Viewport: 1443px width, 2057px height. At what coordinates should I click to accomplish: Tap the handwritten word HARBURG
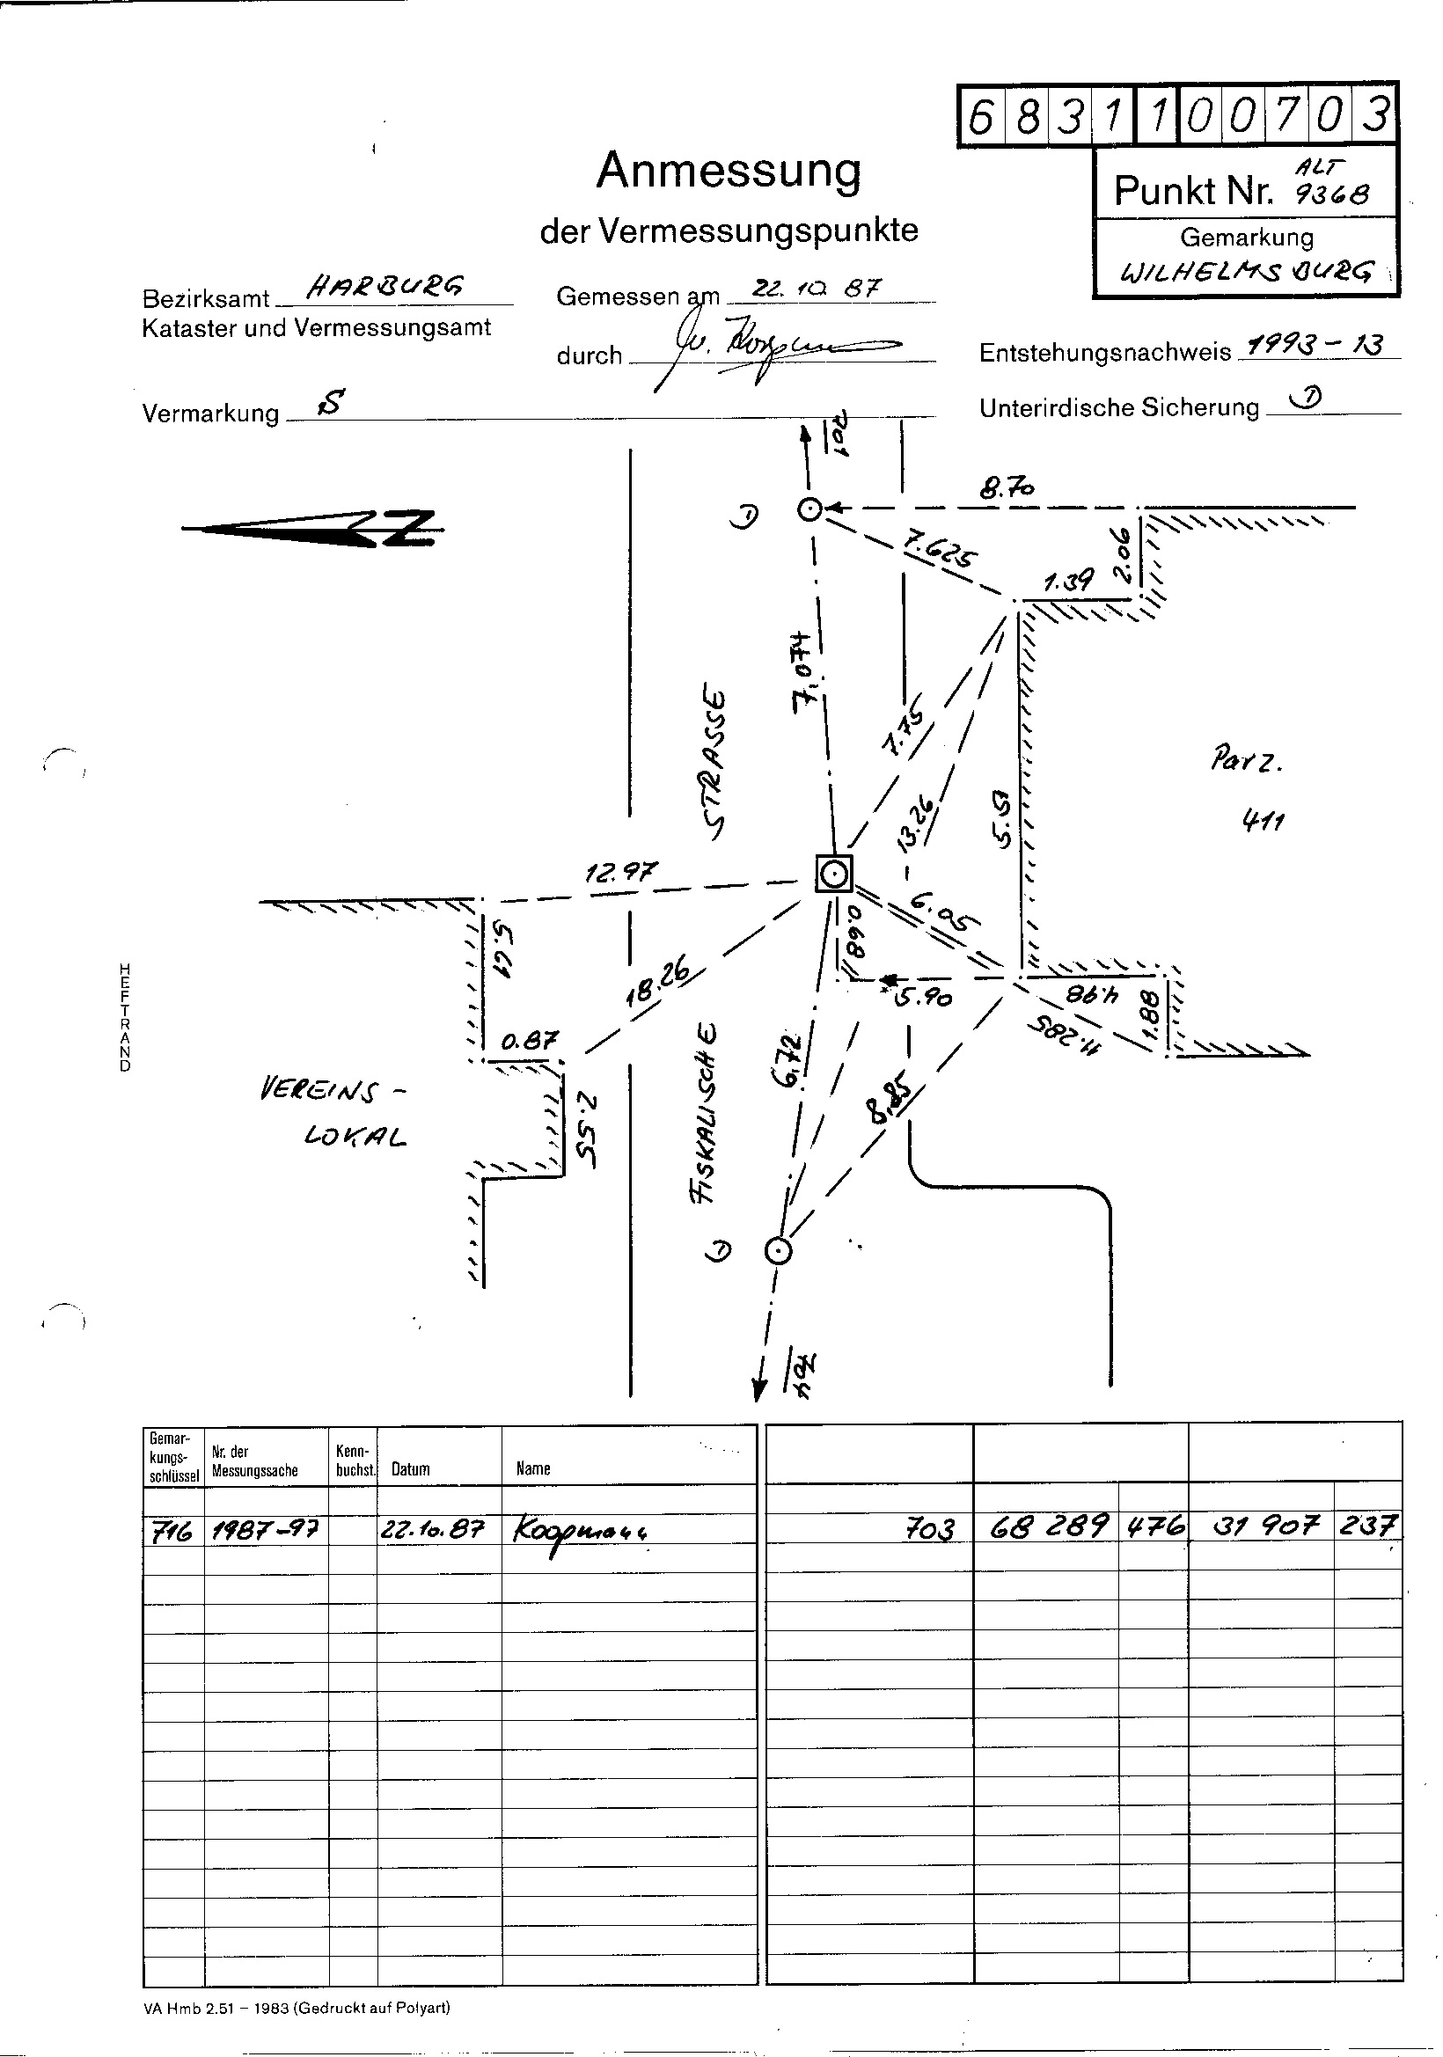(385, 286)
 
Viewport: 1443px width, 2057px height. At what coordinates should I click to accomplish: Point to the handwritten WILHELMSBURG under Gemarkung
(1246, 272)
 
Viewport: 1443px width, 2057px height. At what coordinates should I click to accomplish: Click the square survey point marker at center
(834, 874)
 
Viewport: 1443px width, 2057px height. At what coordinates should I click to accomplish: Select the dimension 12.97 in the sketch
(620, 871)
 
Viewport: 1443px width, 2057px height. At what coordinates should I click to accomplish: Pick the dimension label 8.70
(1007, 488)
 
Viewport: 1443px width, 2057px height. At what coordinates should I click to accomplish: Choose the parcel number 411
(1263, 820)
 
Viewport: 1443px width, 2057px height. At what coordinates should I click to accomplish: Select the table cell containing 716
(172, 1531)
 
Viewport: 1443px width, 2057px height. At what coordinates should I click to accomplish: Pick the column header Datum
(410, 1469)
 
